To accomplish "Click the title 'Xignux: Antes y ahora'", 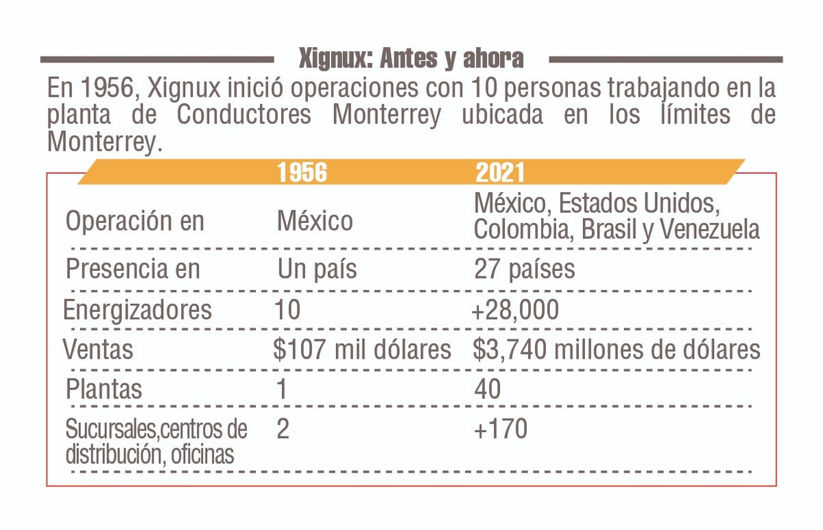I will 411,59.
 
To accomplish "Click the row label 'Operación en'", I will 134,221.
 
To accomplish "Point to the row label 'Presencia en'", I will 133,269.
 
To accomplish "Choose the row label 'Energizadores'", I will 137,310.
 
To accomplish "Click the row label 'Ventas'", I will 98,350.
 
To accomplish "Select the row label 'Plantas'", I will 104,389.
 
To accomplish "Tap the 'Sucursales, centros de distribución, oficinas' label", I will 156,442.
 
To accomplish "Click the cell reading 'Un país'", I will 317,269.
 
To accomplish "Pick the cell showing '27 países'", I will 525,269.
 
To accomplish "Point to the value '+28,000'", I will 515,310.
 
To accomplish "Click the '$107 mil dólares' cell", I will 362,350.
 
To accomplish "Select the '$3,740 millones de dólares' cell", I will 617,350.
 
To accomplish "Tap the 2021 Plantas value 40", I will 488,389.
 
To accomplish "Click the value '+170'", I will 501,429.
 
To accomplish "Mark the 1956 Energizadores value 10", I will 287,310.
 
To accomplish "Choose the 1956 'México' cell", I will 315,221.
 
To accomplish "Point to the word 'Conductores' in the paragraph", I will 243,115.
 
